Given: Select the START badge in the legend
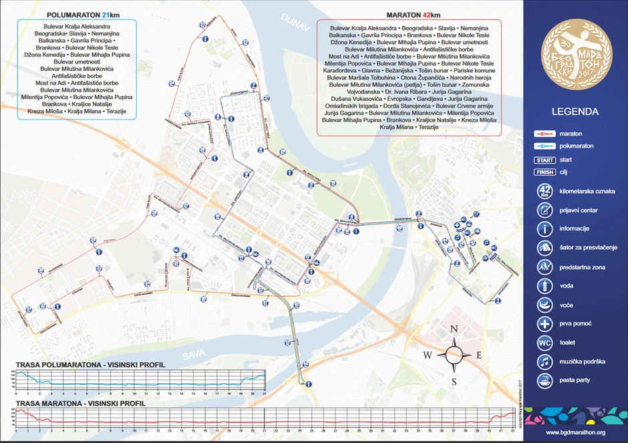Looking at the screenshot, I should click(x=545, y=160).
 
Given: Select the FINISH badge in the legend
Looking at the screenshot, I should click(x=545, y=172).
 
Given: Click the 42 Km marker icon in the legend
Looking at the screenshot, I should click(x=545, y=191).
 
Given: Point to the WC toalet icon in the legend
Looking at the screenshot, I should click(x=545, y=343).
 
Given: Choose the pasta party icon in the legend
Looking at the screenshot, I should click(x=545, y=380).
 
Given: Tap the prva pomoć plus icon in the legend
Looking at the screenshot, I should click(x=545, y=323).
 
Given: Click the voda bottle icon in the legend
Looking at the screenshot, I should click(x=545, y=286).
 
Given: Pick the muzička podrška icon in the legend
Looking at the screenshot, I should click(x=545, y=361).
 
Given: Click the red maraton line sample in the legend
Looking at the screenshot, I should click(x=545, y=134).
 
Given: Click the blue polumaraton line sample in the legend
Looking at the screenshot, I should click(x=545, y=146).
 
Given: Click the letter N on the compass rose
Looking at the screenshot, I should click(x=454, y=329).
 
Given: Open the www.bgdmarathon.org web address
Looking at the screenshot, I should click(x=575, y=432).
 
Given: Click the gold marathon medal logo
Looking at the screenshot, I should click(x=575, y=51).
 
